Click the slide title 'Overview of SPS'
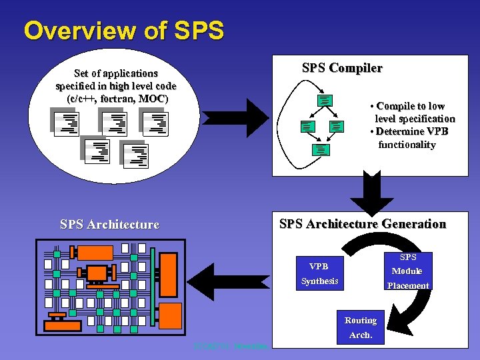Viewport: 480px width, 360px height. point(124,31)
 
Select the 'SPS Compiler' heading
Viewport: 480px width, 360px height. point(342,68)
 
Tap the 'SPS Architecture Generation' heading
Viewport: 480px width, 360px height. point(362,224)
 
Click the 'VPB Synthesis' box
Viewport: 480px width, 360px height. point(319,273)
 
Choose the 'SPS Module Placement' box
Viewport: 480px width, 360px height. point(407,271)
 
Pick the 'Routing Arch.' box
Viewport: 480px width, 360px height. point(361,327)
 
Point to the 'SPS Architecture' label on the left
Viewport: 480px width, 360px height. point(109,225)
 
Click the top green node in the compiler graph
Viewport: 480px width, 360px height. point(324,100)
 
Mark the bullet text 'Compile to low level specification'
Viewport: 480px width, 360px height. point(412,112)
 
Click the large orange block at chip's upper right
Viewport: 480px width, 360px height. point(169,274)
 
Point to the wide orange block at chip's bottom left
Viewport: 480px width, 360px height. point(62,325)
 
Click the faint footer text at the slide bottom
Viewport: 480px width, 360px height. point(230,346)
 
